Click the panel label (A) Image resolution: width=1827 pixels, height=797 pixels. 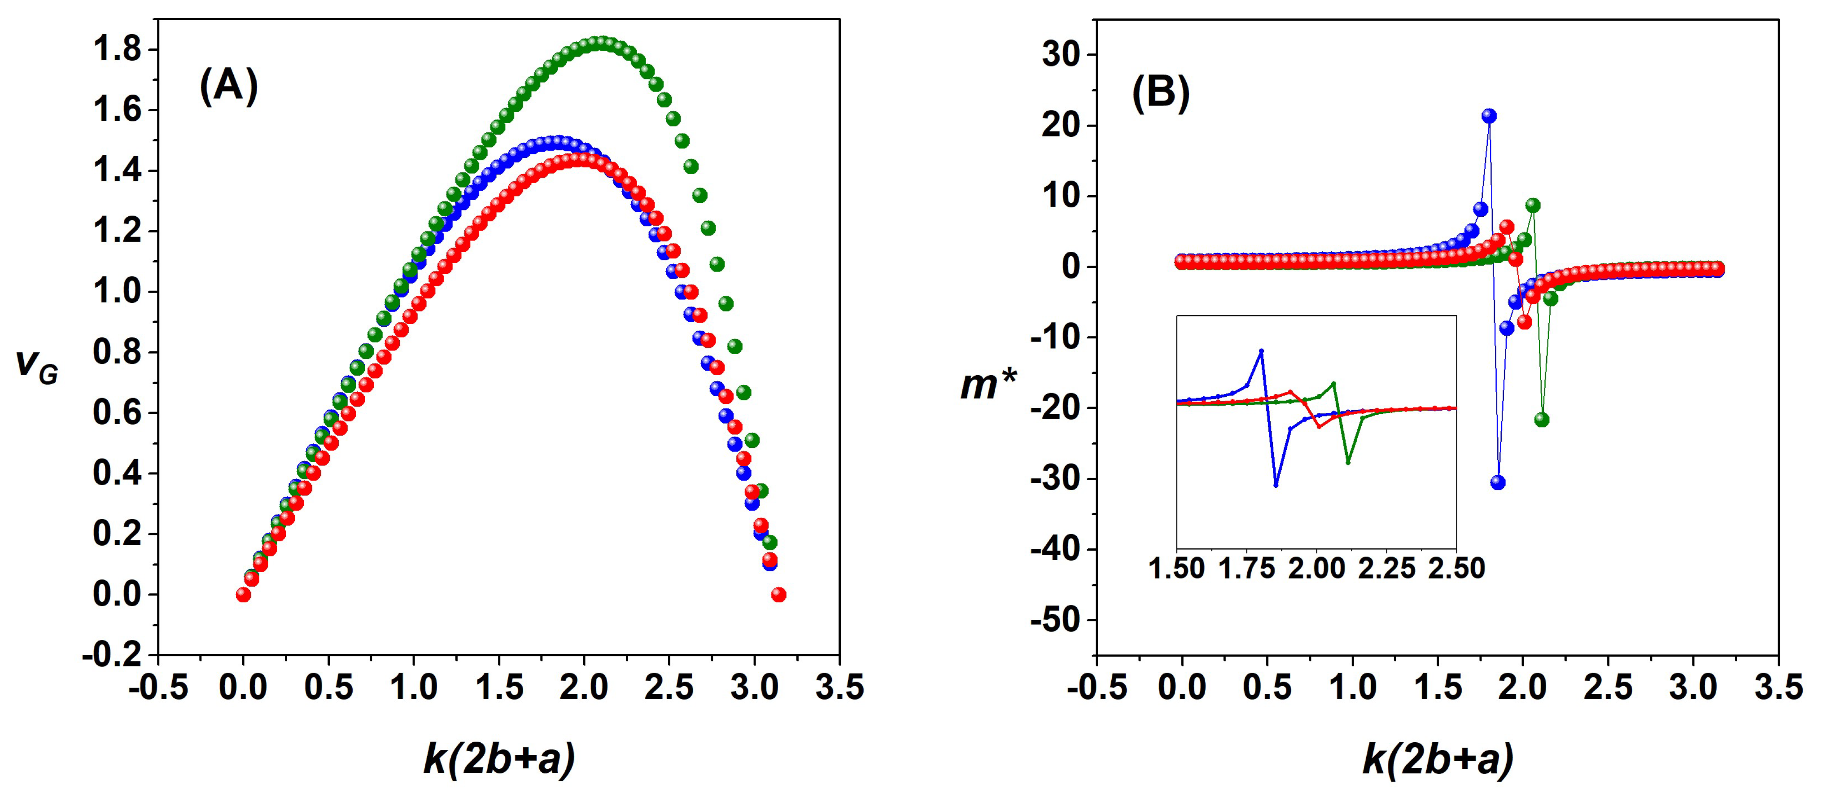pyautogui.click(x=228, y=87)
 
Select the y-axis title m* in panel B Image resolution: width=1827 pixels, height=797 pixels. pyautogui.click(x=987, y=385)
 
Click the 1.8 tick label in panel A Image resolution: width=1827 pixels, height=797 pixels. pyautogui.click(x=117, y=50)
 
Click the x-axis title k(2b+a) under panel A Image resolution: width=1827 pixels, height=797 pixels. pyautogui.click(x=498, y=759)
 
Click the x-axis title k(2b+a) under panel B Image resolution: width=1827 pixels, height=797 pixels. pyautogui.click(x=1438, y=759)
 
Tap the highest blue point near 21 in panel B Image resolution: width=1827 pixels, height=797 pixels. pyautogui.click(x=1490, y=116)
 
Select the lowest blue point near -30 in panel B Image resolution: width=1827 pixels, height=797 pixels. pyautogui.click(x=1498, y=482)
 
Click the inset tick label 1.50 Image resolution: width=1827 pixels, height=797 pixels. pyautogui.click(x=1176, y=569)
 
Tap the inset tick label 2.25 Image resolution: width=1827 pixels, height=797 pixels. pyautogui.click(x=1386, y=569)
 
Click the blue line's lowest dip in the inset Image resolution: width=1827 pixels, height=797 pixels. pyautogui.click(x=1276, y=485)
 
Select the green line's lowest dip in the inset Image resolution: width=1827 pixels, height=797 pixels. pyautogui.click(x=1347, y=462)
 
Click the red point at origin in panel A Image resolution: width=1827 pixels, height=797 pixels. pyautogui.click(x=243, y=594)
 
